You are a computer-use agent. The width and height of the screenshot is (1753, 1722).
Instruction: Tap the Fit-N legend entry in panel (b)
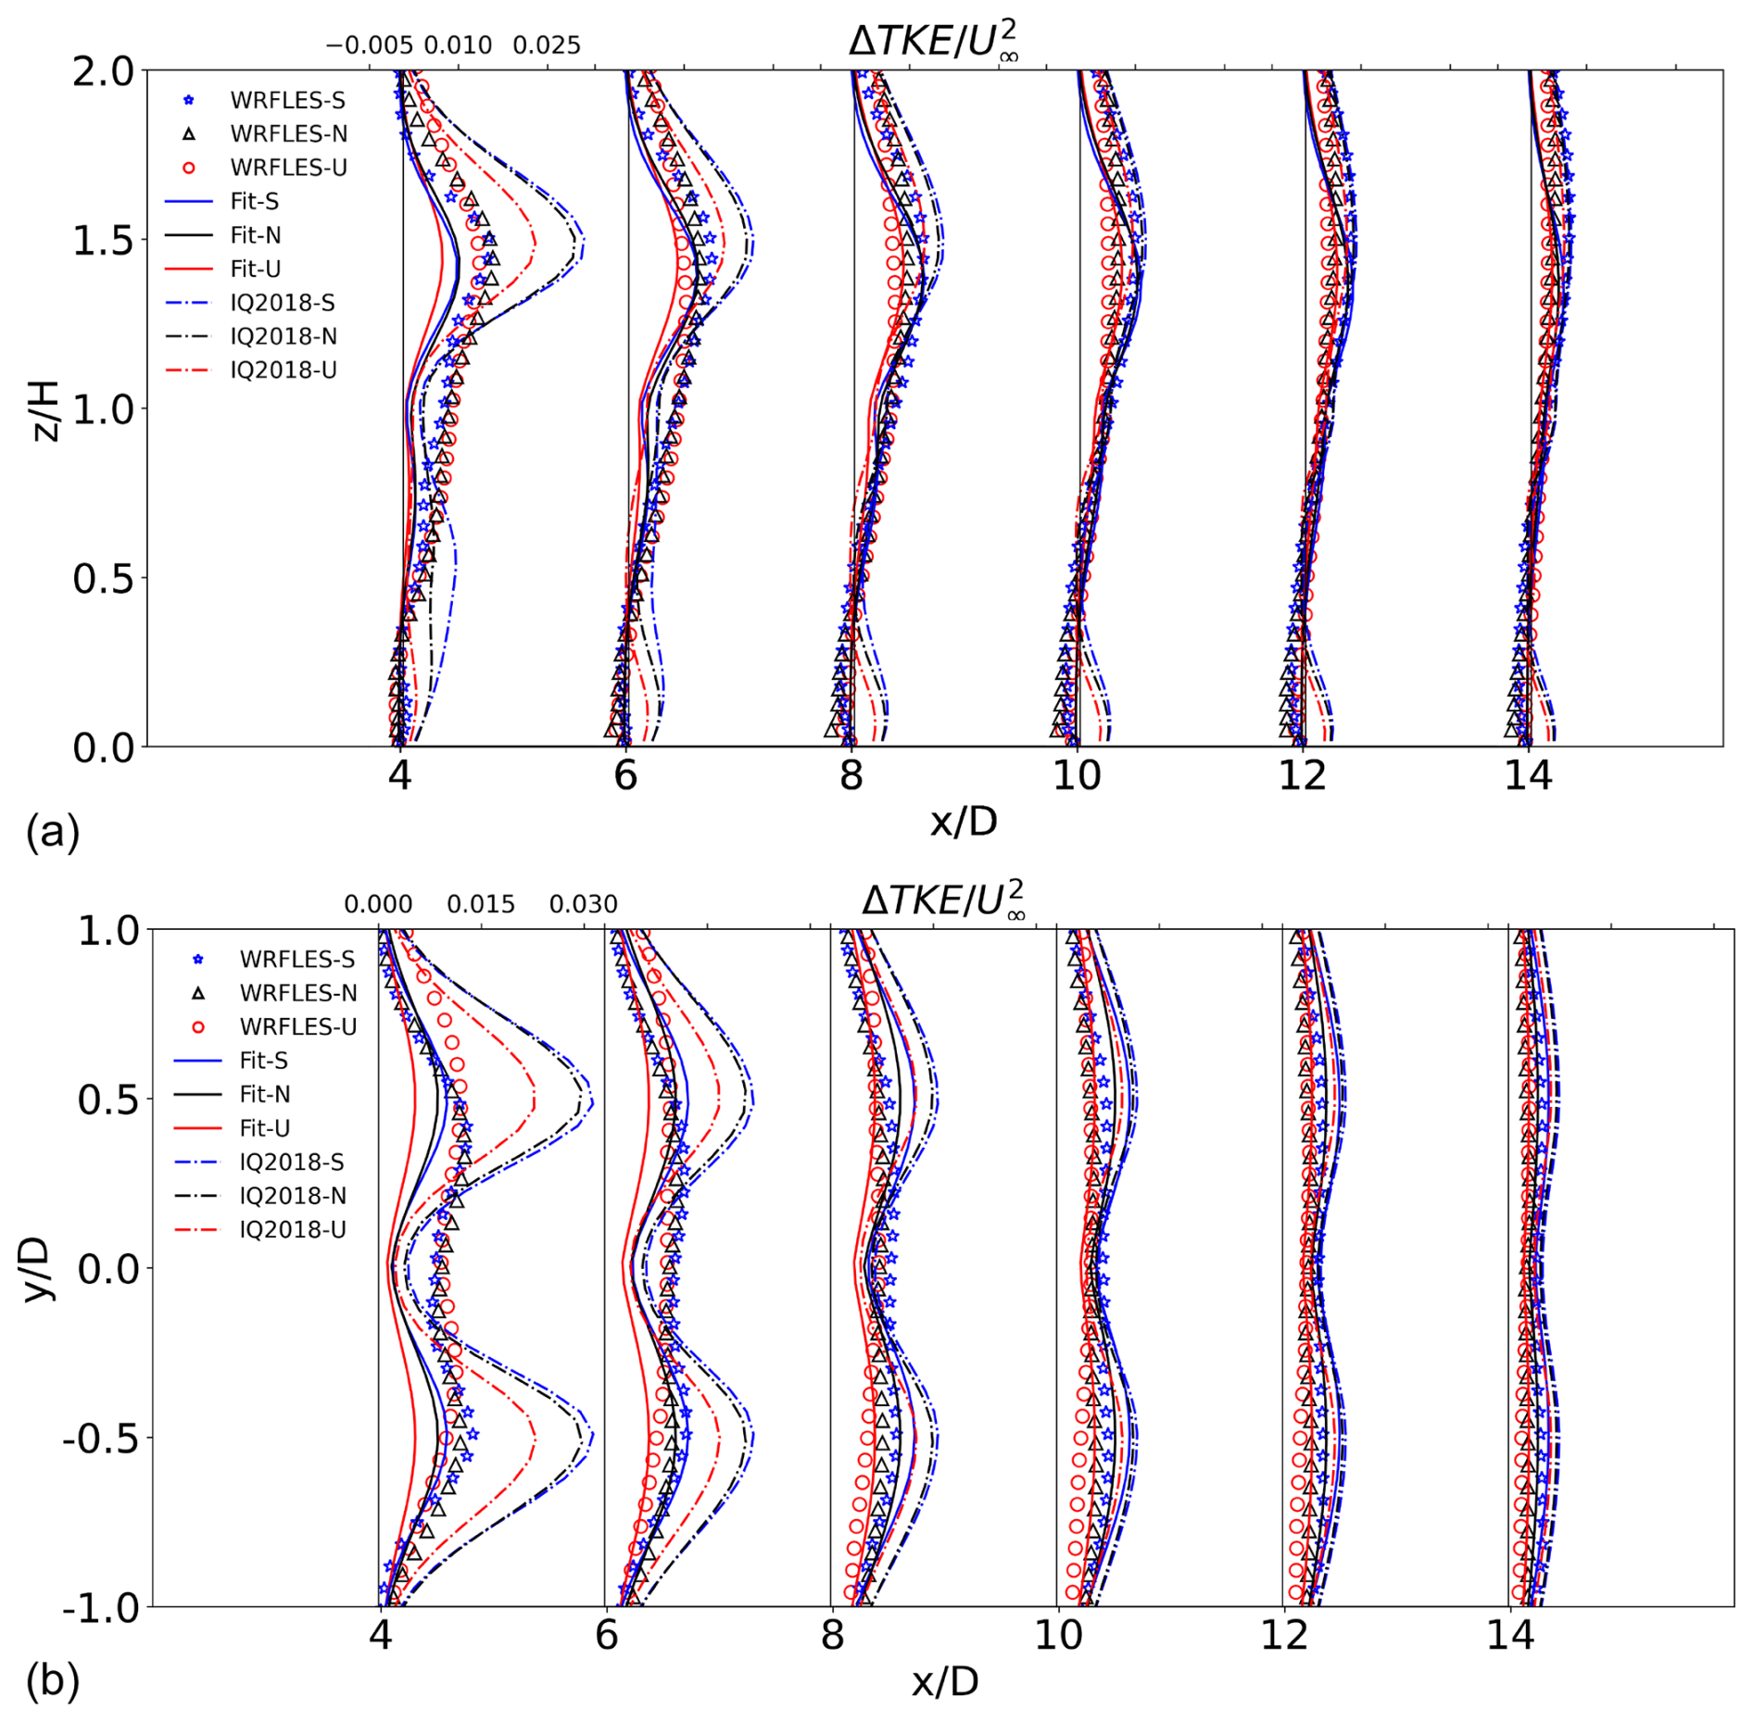tap(264, 1094)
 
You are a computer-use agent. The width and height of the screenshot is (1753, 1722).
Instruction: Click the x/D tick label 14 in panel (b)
tap(1510, 1636)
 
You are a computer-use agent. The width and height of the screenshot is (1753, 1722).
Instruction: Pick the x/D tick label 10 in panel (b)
tap(1058, 1636)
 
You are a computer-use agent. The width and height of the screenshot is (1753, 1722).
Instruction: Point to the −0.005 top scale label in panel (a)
tap(369, 45)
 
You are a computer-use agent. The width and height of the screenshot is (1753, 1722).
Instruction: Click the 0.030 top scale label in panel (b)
tap(583, 904)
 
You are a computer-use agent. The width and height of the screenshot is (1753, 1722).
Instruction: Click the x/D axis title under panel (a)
tap(964, 821)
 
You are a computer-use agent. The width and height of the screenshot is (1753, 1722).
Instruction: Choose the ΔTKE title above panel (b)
tap(943, 900)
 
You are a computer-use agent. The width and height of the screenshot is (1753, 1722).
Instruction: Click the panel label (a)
tap(53, 831)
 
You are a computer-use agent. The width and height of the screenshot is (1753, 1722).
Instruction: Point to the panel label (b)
tap(53, 1680)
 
